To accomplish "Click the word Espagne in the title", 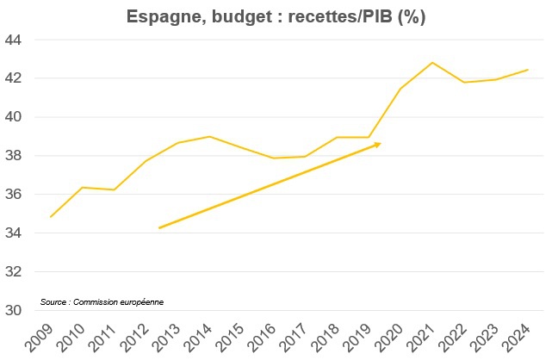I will pyautogui.click(x=158, y=16).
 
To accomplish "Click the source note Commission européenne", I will pyautogui.click(x=102, y=301).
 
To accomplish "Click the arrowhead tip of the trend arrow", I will pyautogui.click(x=380, y=144).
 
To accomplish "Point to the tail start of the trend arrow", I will pyautogui.click(x=159, y=228).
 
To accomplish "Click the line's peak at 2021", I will pyautogui.click(x=432, y=62).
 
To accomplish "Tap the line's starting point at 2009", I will pyautogui.click(x=51, y=216).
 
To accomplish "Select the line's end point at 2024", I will pyautogui.click(x=528, y=70).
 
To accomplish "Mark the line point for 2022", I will pyautogui.click(x=464, y=82).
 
